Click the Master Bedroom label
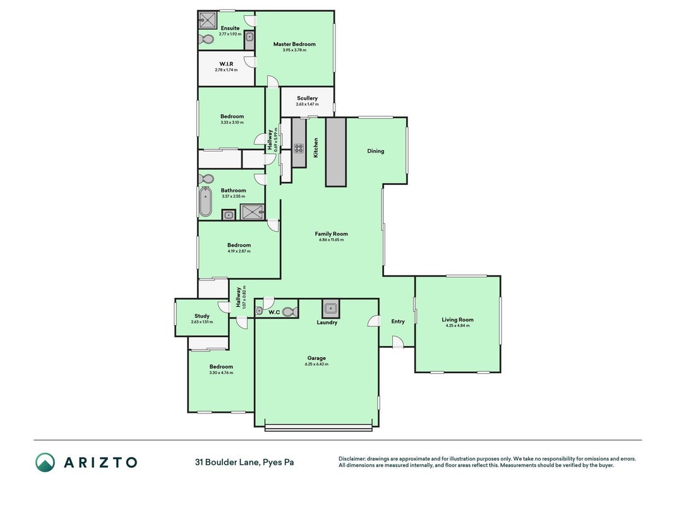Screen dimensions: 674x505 pyautogui.click(x=294, y=44)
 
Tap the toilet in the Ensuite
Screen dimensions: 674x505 pyautogui.click(x=207, y=40)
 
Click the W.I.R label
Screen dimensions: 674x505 pyautogui.click(x=226, y=64)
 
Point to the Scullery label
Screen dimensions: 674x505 pyautogui.click(x=308, y=98)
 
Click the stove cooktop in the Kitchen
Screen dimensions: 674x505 pyautogui.click(x=299, y=148)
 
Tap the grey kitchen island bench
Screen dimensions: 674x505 pyautogui.click(x=335, y=152)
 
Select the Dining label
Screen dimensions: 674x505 pyautogui.click(x=376, y=151)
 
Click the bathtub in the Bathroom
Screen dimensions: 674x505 pyautogui.click(x=205, y=202)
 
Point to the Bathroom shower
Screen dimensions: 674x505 pyautogui.click(x=252, y=212)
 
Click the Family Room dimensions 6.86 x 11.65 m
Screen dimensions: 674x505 pyautogui.click(x=332, y=240)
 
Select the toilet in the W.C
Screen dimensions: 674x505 pyautogui.click(x=290, y=312)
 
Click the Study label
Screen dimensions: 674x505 pyautogui.click(x=202, y=316)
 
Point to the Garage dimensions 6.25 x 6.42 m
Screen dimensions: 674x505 pyautogui.click(x=316, y=364)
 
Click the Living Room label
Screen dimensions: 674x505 pyautogui.click(x=458, y=319)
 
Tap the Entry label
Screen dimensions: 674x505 pyautogui.click(x=398, y=321)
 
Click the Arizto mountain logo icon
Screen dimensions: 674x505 pyautogui.click(x=45, y=463)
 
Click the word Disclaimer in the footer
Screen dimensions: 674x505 pyautogui.click(x=352, y=459)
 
